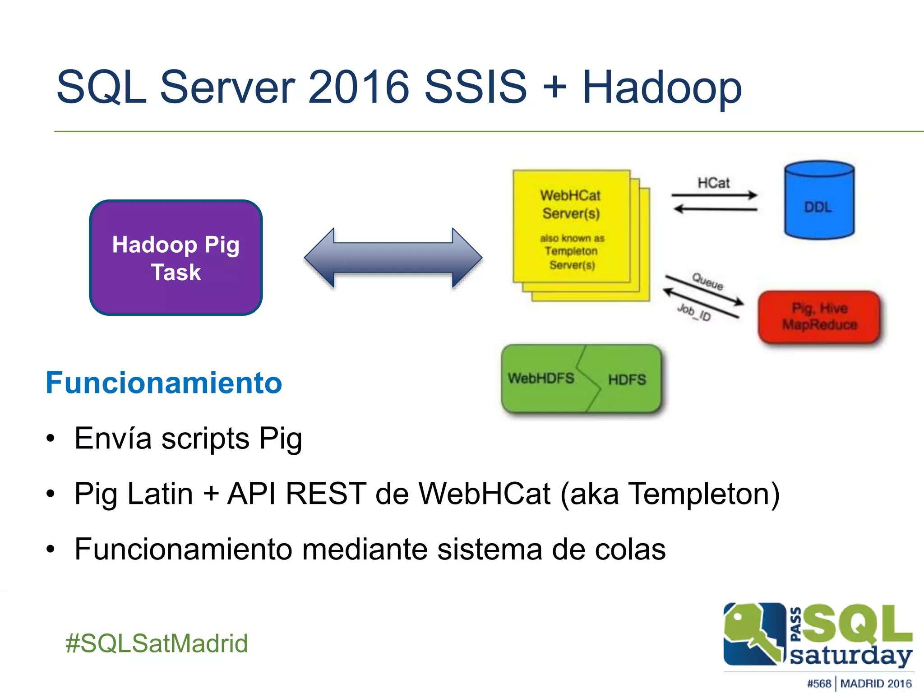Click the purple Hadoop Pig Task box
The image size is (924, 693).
pos(176,258)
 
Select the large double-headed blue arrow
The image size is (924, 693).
pos(393,258)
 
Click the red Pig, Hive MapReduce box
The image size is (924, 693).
pos(819,317)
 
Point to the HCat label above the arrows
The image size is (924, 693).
pos(713,183)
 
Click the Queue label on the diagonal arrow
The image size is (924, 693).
pos(707,282)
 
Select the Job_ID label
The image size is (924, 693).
pos(694,312)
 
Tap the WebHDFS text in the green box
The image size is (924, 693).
pos(541,378)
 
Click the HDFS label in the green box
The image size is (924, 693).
pos(627,380)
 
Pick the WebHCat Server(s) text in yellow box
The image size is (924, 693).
pos(571,204)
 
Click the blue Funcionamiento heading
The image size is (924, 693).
pos(164,383)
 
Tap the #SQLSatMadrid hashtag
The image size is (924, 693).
pos(157,643)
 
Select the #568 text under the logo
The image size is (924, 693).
pos(819,684)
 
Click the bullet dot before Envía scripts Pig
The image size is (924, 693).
pos(51,438)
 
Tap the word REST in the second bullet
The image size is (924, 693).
pos(326,494)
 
